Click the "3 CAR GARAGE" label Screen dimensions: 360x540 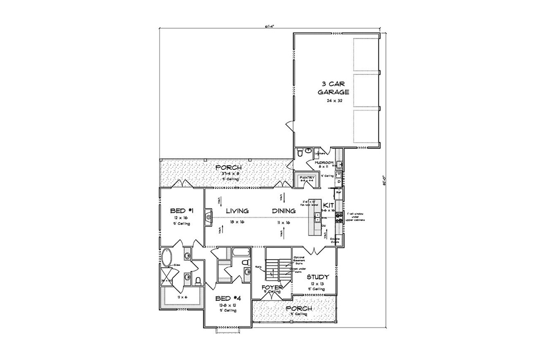[333, 88]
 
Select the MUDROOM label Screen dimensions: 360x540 [324, 162]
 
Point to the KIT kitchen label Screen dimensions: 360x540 [329, 205]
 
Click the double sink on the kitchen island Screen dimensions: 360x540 [317, 220]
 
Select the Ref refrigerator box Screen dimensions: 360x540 [339, 191]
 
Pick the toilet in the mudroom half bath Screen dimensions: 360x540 [300, 153]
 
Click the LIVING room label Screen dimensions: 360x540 [237, 211]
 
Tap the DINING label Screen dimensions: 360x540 [284, 211]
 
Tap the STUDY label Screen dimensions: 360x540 [318, 277]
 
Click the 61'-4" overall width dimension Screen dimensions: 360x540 [269, 26]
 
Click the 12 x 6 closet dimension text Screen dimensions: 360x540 [182, 297]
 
